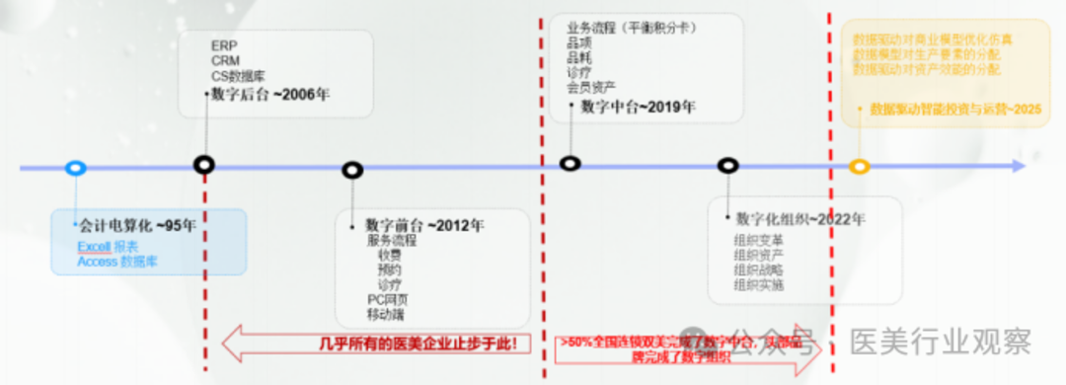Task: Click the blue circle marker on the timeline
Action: (x=75, y=168)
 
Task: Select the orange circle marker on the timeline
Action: (x=860, y=167)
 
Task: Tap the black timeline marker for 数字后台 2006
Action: (x=204, y=165)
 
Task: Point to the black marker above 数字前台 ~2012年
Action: (x=352, y=170)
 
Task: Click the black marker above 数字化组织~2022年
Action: (x=728, y=166)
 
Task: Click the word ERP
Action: (x=223, y=45)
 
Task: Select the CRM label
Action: (x=225, y=60)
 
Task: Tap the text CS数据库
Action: (x=237, y=75)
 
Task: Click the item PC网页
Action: (x=387, y=298)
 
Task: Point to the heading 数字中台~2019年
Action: (x=638, y=107)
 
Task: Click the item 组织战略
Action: (x=758, y=269)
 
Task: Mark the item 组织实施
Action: (x=758, y=285)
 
